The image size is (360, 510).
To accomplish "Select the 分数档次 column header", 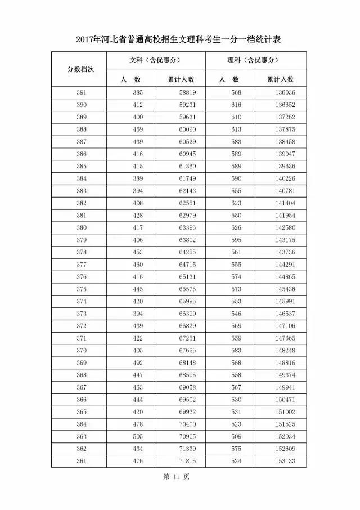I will pyautogui.click(x=80, y=69).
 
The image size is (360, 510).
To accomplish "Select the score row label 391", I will pyautogui.click(x=82, y=92).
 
